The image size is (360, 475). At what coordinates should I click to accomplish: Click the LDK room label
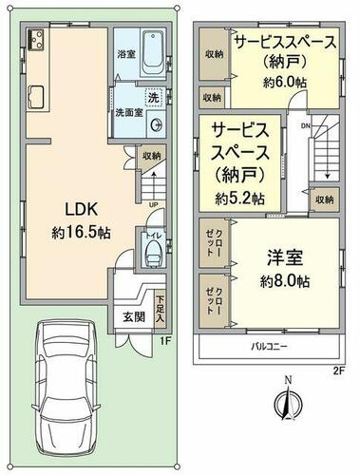81,209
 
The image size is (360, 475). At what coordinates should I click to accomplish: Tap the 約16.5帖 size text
81,233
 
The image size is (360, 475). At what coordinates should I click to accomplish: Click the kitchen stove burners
35,39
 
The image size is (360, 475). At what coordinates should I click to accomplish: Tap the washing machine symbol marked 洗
154,97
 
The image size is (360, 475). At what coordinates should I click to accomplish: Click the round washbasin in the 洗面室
156,124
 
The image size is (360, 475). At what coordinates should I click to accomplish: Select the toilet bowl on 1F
154,252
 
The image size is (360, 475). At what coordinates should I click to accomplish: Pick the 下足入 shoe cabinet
161,311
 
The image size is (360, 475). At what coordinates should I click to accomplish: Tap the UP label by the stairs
154,204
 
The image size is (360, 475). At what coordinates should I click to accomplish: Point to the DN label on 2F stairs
305,126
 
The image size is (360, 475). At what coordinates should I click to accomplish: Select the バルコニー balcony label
269,346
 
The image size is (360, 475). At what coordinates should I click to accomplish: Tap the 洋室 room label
285,257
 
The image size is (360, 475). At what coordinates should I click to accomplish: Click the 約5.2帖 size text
240,199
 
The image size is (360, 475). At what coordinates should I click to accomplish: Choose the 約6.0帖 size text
285,83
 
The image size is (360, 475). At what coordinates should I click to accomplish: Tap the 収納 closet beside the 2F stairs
325,199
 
